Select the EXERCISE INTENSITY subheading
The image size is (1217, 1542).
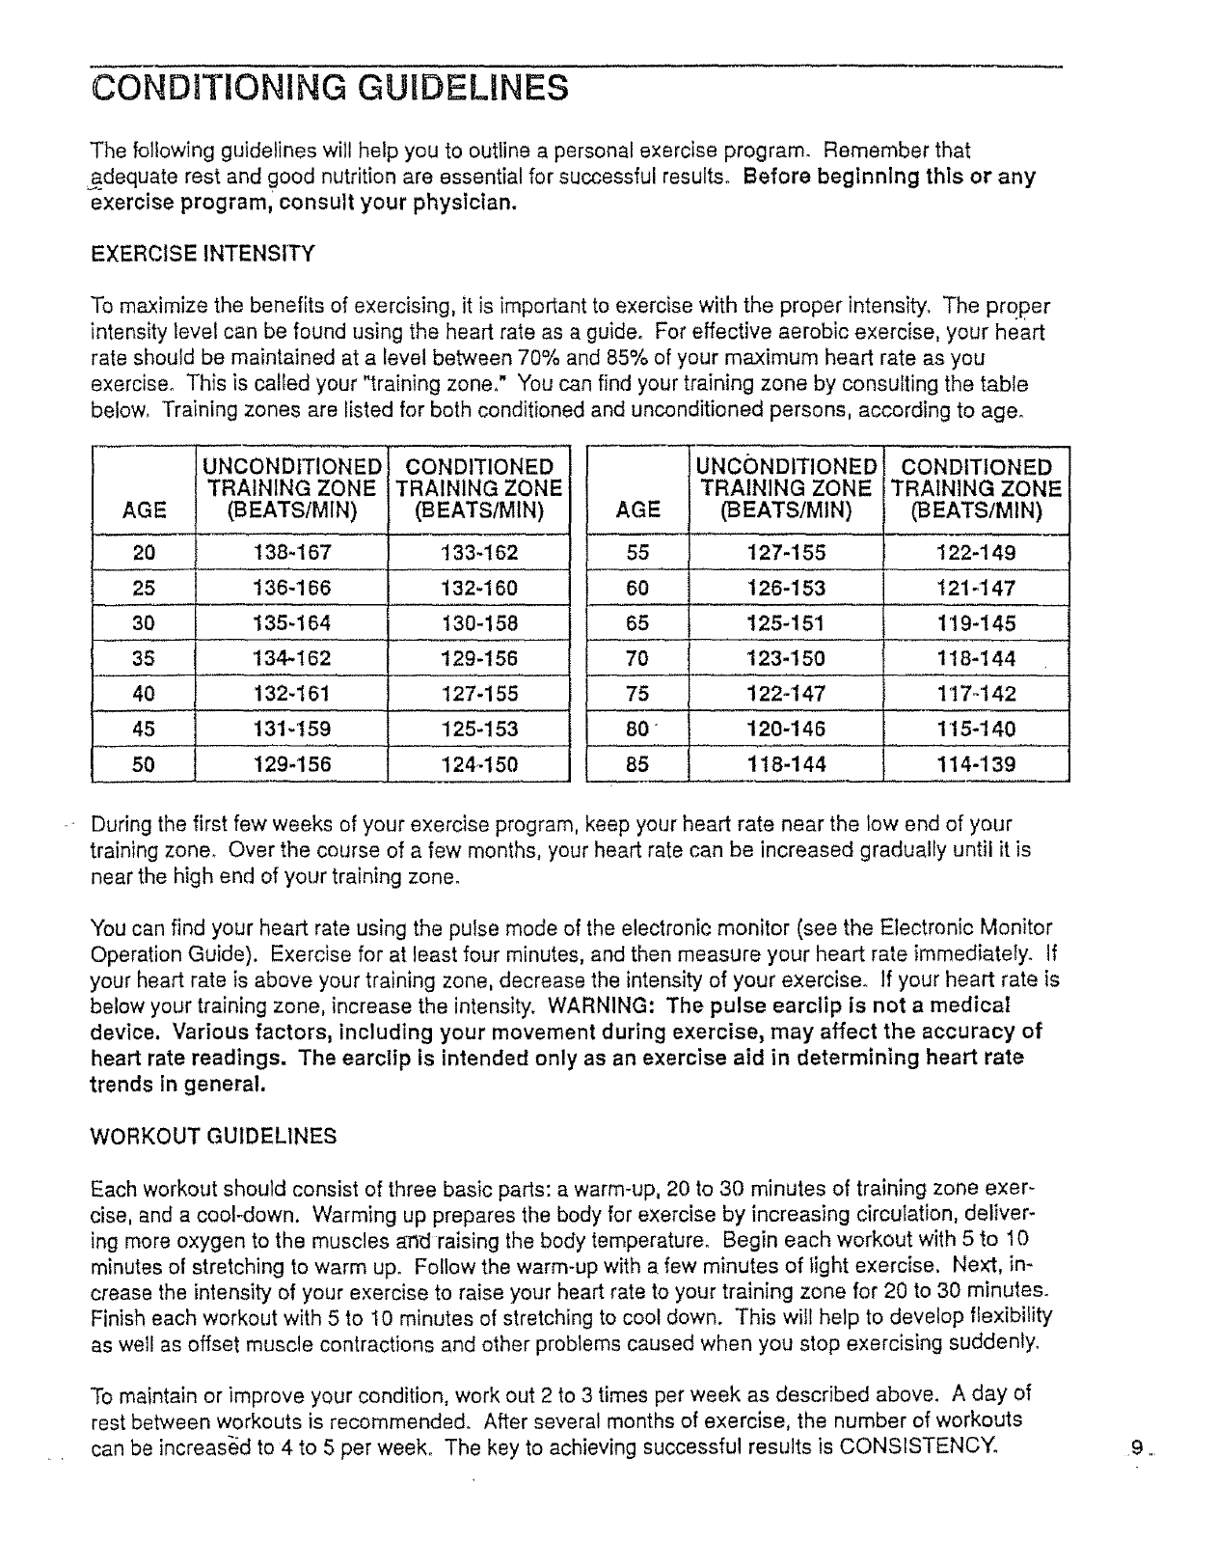tap(202, 255)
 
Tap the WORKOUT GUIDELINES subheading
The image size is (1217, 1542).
tap(213, 1136)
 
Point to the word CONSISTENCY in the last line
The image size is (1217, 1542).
tap(920, 1446)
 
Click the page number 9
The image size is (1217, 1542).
tap(1138, 1447)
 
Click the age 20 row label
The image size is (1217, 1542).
tap(143, 553)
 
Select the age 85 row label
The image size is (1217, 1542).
tap(637, 764)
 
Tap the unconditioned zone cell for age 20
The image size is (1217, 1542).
tap(291, 553)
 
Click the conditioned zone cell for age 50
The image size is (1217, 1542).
tap(479, 764)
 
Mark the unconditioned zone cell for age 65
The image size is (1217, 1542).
tap(786, 623)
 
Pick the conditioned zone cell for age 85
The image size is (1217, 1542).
tap(976, 764)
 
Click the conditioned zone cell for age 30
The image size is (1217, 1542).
tap(479, 623)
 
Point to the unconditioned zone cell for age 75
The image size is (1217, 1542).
tap(786, 694)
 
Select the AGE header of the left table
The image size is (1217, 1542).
tap(144, 509)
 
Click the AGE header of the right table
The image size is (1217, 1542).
tap(637, 509)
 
